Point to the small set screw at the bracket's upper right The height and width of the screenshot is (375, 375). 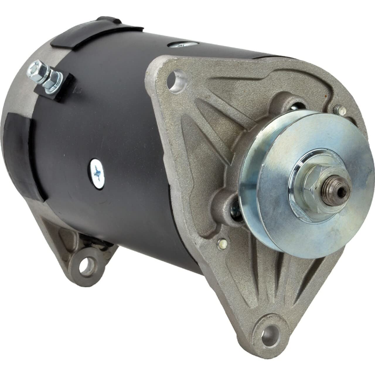(x=336, y=109)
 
